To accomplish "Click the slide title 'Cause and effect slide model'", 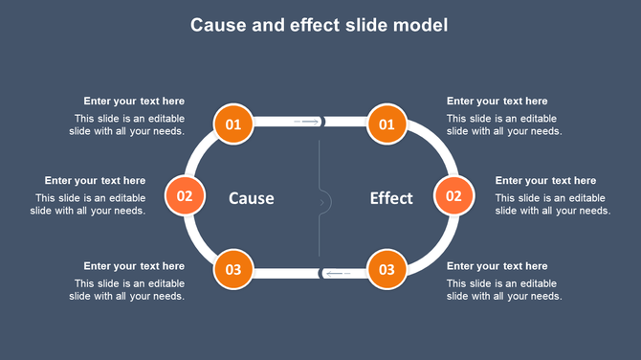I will tap(319, 25).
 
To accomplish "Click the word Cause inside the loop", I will tap(252, 198).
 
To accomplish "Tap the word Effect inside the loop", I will tap(391, 198).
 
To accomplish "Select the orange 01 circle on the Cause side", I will tap(233, 124).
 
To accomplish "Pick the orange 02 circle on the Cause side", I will tap(185, 196).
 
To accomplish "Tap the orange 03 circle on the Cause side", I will tap(233, 269).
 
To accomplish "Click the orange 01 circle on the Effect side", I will tap(387, 124).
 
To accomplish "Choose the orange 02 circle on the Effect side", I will tap(454, 196).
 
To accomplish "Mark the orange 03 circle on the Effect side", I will tap(387, 269).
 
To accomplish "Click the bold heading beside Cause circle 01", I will tap(134, 101).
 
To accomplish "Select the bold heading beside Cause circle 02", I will tap(95, 180).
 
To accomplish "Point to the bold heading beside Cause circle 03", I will tap(134, 265).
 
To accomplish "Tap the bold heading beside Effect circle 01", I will tap(497, 101).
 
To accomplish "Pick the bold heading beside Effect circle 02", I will tap(545, 180).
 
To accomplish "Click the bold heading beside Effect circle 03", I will tap(497, 265).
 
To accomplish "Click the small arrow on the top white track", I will tap(308, 122).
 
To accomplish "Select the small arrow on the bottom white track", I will tap(337, 274).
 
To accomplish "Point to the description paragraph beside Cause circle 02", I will tap(91, 205).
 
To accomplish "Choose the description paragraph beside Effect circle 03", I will tap(503, 290).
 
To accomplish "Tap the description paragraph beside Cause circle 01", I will tap(127, 125).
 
